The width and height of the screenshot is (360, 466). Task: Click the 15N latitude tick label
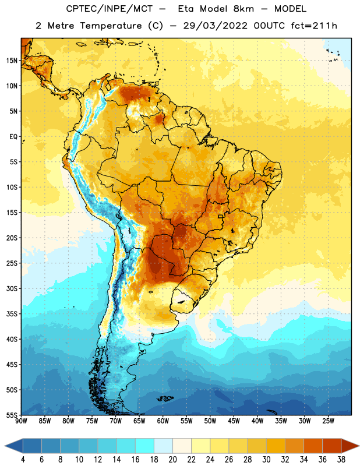[12, 61]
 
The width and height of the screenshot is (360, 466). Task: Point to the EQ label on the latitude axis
[13, 137]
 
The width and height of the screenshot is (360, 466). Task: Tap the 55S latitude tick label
[12, 415]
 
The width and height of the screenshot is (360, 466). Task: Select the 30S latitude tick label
[12, 288]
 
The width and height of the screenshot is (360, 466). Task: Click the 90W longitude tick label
[21, 421]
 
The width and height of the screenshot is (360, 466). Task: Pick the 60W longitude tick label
[163, 421]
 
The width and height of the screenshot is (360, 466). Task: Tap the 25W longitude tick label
[328, 421]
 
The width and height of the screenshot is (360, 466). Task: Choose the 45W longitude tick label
[234, 421]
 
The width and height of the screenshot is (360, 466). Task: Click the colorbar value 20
[172, 460]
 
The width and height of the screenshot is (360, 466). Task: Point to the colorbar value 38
[341, 460]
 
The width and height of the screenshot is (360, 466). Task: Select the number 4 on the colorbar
[23, 460]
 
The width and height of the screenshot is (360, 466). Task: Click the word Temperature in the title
[111, 26]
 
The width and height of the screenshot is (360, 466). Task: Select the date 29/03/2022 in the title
[215, 26]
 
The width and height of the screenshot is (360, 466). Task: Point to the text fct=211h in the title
[314, 26]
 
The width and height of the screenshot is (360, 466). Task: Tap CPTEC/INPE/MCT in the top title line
[110, 9]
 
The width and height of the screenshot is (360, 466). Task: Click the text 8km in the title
[243, 9]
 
